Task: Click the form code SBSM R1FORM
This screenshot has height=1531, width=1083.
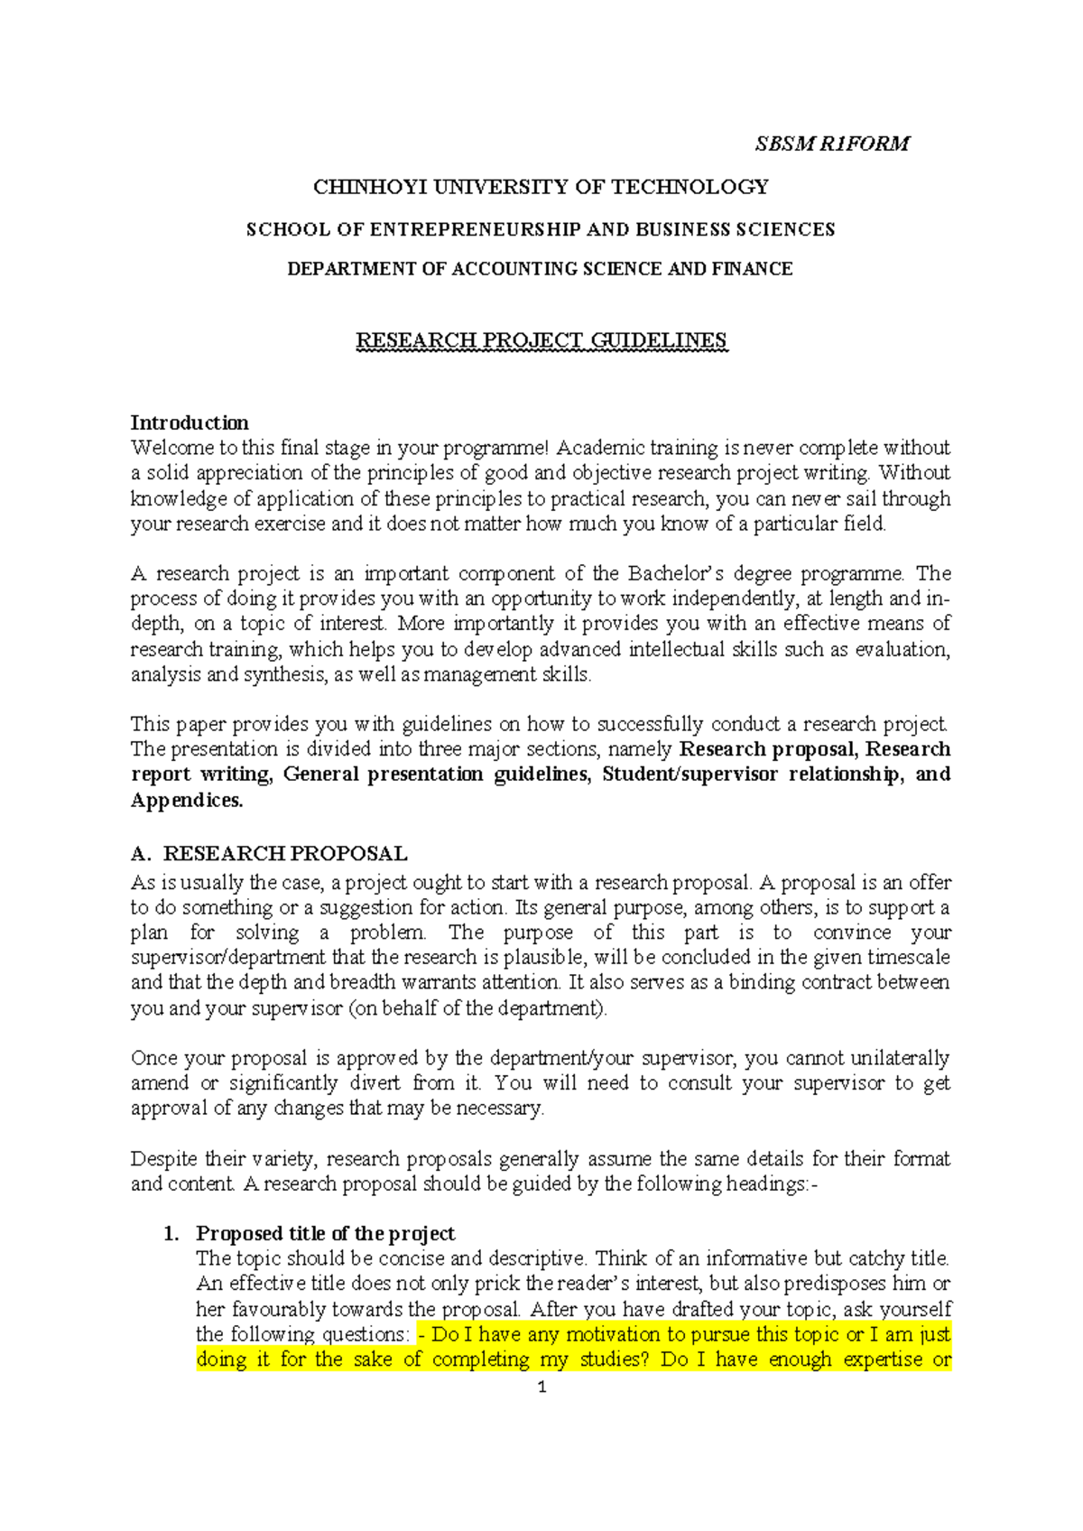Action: point(832,144)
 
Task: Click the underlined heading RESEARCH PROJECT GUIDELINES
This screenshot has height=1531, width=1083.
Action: point(541,340)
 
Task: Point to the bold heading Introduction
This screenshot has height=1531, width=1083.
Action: point(190,422)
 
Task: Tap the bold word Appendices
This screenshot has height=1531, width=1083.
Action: point(187,800)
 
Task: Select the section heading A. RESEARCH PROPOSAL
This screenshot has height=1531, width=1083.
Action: point(269,853)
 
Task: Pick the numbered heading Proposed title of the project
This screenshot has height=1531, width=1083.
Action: point(325,1233)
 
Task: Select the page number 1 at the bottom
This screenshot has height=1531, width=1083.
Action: point(541,1387)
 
